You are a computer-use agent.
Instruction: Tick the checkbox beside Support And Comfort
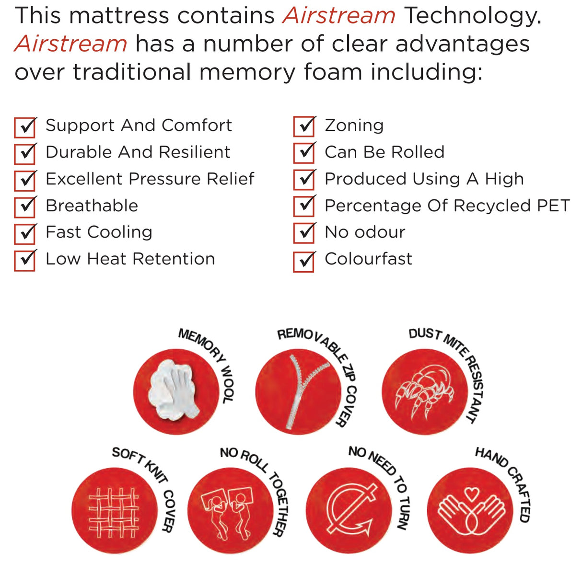click(x=25, y=127)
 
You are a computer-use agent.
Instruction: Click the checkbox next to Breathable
click(x=25, y=207)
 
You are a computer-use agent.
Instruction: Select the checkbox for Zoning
click(x=304, y=127)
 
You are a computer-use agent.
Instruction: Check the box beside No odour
click(x=304, y=233)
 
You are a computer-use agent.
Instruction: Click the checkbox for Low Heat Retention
click(x=25, y=260)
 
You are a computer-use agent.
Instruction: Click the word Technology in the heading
click(x=472, y=16)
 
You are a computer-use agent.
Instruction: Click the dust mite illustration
click(x=424, y=390)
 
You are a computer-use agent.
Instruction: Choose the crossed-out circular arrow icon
click(x=350, y=510)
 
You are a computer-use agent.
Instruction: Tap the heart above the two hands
click(x=472, y=493)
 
